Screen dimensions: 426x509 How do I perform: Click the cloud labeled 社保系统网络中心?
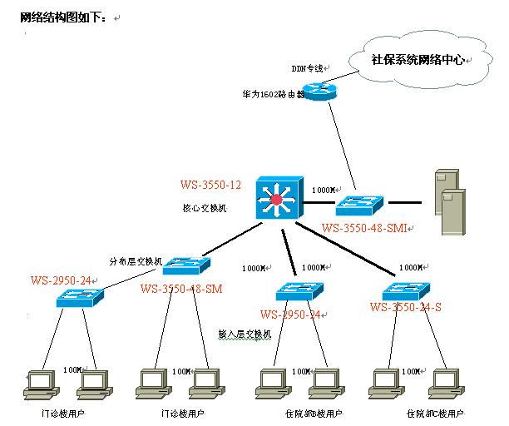(419, 60)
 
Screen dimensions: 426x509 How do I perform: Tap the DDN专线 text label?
(307, 68)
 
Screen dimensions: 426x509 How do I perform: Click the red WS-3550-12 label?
(210, 185)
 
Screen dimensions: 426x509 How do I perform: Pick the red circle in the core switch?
(277, 199)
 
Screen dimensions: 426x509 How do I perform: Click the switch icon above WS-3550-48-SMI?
(360, 204)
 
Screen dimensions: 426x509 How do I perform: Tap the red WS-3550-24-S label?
(405, 307)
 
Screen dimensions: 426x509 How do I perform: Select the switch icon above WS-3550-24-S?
(405, 290)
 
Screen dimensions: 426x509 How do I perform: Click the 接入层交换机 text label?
(245, 334)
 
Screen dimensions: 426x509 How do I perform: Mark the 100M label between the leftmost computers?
(73, 369)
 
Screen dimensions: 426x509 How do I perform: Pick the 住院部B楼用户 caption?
(314, 413)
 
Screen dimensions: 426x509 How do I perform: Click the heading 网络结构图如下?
(64, 17)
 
